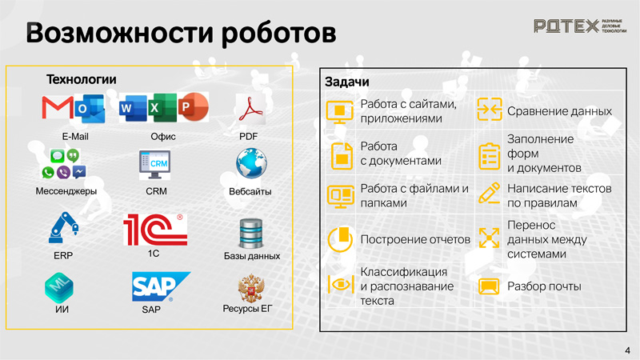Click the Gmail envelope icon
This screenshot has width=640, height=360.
coord(58,107)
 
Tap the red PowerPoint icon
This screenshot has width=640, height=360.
coord(194,107)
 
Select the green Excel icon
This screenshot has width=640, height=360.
coord(162,107)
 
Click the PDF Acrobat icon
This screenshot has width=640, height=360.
coord(250,109)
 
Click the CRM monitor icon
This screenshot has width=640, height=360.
coord(154,165)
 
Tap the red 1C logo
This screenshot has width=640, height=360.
coord(155,230)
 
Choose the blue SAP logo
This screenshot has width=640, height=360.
coord(161,286)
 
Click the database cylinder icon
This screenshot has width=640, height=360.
coord(250,234)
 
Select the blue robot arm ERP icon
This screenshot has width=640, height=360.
coord(63,228)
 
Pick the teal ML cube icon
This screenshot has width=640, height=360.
coord(59,286)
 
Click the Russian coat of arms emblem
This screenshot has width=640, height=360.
coord(251,289)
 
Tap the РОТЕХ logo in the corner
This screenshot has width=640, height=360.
coord(579,26)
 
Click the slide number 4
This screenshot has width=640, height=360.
coord(627,350)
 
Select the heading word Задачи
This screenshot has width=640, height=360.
coord(347,82)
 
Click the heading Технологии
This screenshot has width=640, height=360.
coord(82,79)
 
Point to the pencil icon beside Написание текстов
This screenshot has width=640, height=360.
coord(489,193)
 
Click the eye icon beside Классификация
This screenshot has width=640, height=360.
coord(341,284)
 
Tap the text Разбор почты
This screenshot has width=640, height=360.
coord(544,286)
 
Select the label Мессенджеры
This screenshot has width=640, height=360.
coord(66,191)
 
